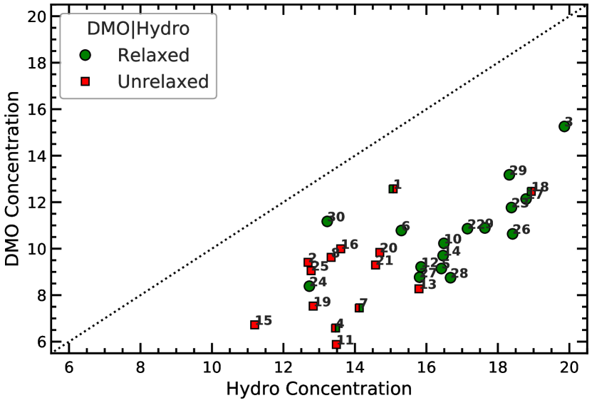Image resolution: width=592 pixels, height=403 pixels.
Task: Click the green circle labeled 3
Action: pyautogui.click(x=564, y=126)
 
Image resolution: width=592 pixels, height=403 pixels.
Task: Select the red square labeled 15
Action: pyautogui.click(x=254, y=325)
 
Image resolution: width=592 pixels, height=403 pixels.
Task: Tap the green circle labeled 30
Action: pyautogui.click(x=327, y=221)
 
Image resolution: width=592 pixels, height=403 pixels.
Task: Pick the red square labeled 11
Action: pyautogui.click(x=336, y=345)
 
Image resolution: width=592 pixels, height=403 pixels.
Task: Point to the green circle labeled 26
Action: pyautogui.click(x=512, y=233)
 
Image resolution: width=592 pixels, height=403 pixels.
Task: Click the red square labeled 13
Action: pyautogui.click(x=419, y=289)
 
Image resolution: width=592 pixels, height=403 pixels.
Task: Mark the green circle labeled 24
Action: pyautogui.click(x=309, y=286)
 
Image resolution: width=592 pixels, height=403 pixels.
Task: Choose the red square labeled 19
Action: pyautogui.click(x=313, y=306)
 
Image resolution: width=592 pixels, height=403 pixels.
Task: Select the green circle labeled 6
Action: pyautogui.click(x=401, y=230)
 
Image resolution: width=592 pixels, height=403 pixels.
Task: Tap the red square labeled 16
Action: pyautogui.click(x=341, y=249)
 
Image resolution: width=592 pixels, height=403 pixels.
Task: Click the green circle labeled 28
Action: pyautogui.click(x=450, y=277)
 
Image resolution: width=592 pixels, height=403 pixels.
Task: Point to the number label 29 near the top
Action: pyautogui.click(x=518, y=170)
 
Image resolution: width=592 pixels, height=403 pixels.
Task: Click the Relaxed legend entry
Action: pyautogui.click(x=153, y=55)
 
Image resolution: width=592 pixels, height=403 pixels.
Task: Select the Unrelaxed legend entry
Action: pyautogui.click(x=163, y=82)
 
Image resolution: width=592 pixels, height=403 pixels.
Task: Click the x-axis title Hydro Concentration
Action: pyautogui.click(x=318, y=389)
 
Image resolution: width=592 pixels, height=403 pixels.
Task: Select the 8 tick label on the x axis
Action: pyautogui.click(x=140, y=367)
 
